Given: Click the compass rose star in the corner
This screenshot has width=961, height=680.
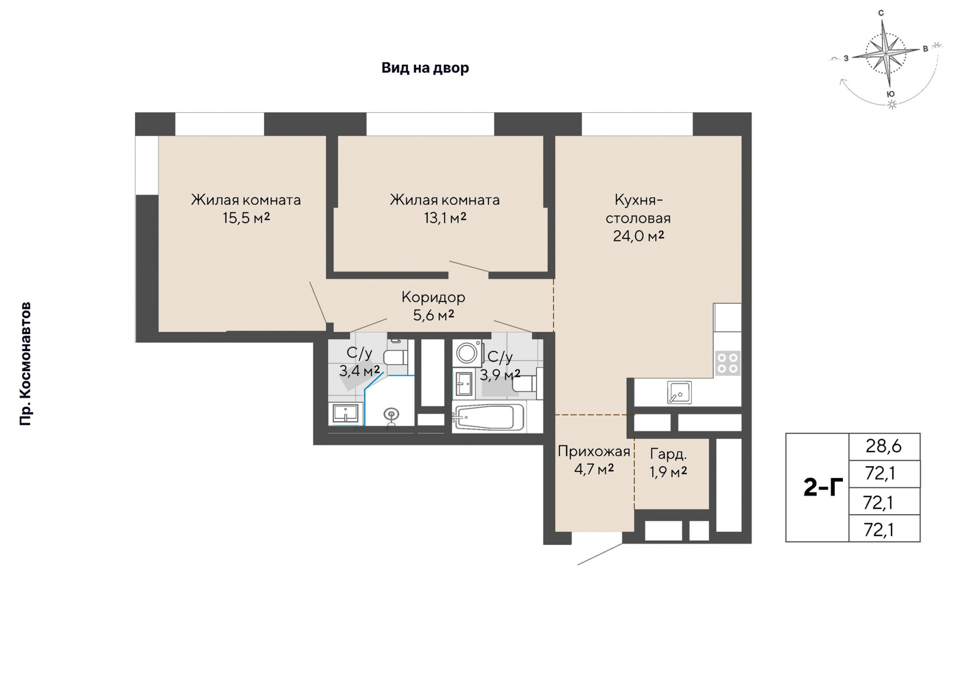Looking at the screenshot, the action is point(886,53).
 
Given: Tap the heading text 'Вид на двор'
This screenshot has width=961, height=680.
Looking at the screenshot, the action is point(425,68).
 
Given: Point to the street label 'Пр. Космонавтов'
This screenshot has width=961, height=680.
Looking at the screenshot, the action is point(25,364).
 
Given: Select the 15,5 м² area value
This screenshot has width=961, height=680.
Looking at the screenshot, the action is point(246,218).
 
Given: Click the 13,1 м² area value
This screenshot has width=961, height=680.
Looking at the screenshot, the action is point(445,218).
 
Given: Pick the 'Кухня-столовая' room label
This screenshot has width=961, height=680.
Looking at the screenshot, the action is point(638,209).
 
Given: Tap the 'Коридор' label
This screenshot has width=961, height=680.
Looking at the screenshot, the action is point(433,297).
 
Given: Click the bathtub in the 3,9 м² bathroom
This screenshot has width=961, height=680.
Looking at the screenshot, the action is point(489,417).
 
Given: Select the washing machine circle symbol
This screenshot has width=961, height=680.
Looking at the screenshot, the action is point(466,353).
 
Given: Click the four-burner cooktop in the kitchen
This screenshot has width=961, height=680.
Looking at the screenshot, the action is point(727,363).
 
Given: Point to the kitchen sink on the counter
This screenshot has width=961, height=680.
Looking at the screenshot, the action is point(679,392).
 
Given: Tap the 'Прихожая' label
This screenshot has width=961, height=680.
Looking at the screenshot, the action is point(594,452).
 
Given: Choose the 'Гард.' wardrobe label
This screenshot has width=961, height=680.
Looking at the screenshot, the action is point(668,454).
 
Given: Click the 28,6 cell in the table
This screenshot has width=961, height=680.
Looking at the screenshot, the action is point(884,446).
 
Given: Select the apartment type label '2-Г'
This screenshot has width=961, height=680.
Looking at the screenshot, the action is point(823,487).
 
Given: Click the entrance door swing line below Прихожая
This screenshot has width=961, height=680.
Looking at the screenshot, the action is point(600,554).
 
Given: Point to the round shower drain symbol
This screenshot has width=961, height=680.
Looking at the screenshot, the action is point(391,415).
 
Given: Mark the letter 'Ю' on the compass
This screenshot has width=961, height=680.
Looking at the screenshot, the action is point(890,94).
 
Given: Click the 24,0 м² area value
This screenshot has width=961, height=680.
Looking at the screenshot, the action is point(639,236).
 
